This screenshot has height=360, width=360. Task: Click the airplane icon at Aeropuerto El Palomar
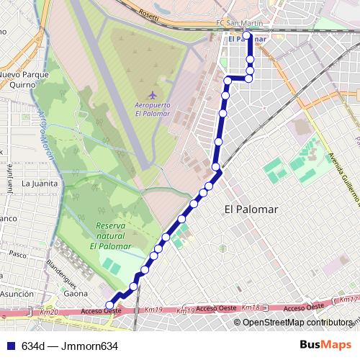click(151, 95)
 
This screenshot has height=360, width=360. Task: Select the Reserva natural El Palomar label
click(111, 235)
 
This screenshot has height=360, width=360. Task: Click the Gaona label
click(76, 294)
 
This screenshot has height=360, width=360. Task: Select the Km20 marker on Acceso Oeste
click(49, 312)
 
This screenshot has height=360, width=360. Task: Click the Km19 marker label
click(154, 310)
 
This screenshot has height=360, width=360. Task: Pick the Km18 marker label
click(251, 307)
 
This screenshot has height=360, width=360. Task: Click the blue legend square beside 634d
click(9, 346)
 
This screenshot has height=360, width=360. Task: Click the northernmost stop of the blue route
click(246, 35)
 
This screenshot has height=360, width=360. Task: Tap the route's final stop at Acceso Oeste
click(109, 305)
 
